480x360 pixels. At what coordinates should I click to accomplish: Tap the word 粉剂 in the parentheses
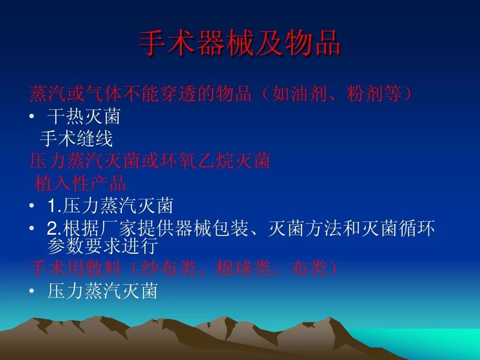click(364, 94)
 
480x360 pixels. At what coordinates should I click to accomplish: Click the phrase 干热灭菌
click(84, 116)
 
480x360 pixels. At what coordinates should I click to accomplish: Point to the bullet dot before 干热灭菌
click(32, 116)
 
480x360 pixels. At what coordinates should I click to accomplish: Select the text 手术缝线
click(76, 138)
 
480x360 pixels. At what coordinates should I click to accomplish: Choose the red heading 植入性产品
click(80, 183)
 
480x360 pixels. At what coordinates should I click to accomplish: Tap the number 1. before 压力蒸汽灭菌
click(55, 205)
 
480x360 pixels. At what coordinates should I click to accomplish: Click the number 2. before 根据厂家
click(55, 228)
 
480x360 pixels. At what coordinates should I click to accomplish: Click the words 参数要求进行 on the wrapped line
click(103, 245)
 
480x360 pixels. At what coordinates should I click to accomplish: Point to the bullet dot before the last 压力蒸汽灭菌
click(32, 291)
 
